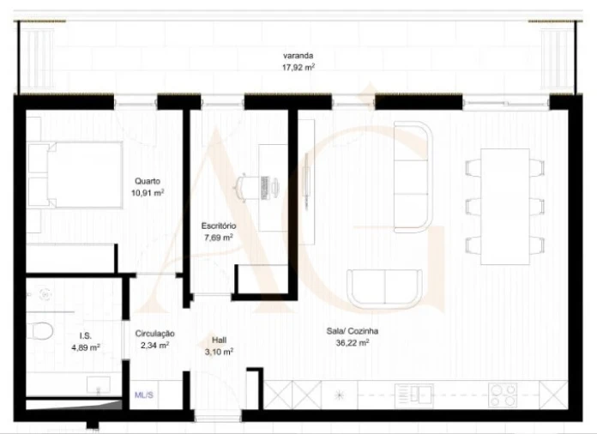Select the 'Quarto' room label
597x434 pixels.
click(x=147, y=181)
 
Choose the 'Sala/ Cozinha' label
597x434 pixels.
click(x=352, y=330)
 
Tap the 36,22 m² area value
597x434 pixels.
click(x=352, y=342)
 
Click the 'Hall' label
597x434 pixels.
click(x=219, y=340)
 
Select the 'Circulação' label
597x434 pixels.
click(x=155, y=333)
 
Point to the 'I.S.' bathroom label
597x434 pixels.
click(x=86, y=335)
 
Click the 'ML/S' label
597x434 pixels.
click(x=144, y=395)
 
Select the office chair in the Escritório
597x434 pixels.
click(x=249, y=186)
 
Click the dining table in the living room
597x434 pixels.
click(x=504, y=207)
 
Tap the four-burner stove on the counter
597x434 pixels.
click(x=503, y=395)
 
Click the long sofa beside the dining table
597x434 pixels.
click(x=412, y=176)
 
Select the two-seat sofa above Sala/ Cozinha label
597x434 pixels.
click(x=384, y=288)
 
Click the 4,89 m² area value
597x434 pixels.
click(x=86, y=347)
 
